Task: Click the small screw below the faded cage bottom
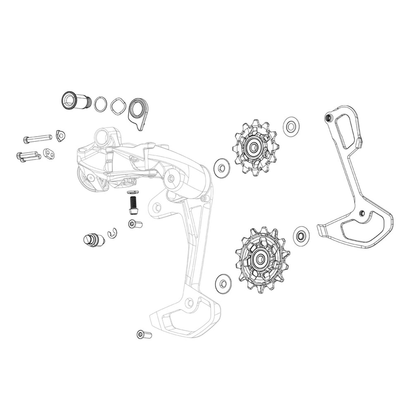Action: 144,334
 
